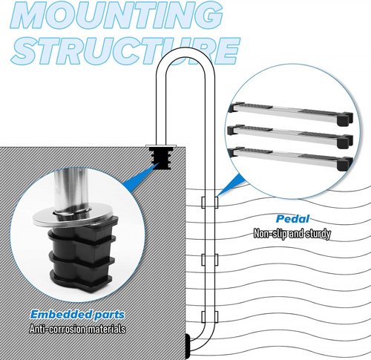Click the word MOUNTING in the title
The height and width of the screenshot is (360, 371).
[117, 15]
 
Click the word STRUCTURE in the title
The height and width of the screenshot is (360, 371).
[125, 51]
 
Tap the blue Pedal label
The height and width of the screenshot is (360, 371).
[293, 219]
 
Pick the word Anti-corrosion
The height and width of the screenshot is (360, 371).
[58, 329]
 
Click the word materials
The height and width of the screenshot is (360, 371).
[107, 329]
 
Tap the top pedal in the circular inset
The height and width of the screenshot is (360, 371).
[291, 113]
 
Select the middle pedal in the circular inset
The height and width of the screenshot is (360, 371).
[290, 136]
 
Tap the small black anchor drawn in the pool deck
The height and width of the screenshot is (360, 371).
[161, 158]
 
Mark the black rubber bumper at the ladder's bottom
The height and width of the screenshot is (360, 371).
[188, 344]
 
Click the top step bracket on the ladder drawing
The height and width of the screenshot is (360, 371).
[210, 203]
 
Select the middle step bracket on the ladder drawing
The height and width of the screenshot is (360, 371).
[210, 260]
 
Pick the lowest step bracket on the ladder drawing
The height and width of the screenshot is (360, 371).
[210, 317]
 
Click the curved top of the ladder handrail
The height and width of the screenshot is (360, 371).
[185, 53]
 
